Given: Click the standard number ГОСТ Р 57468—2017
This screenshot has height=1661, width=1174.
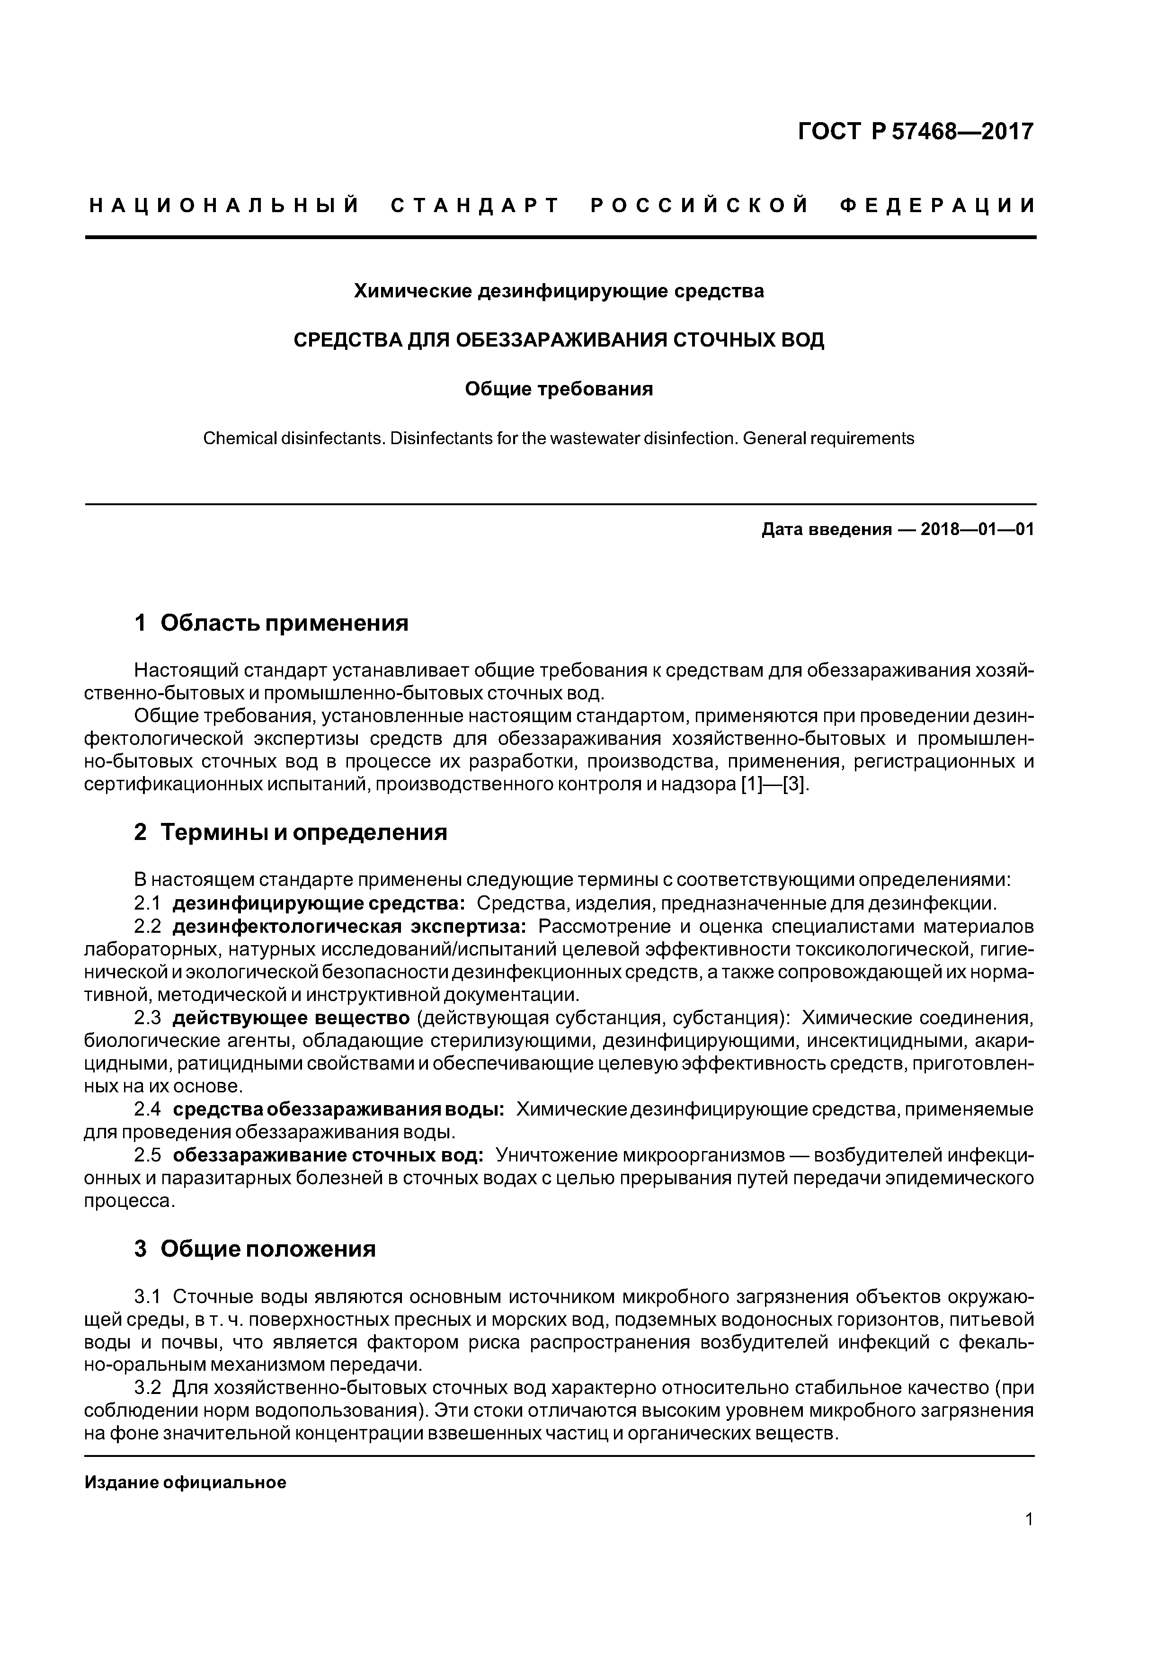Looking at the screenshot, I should (916, 132).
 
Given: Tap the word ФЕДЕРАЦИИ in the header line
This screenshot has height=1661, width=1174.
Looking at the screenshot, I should (937, 206).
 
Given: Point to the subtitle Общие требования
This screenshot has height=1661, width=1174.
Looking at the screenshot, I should (559, 389).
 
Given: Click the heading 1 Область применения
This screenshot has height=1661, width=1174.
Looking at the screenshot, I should (271, 622).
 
